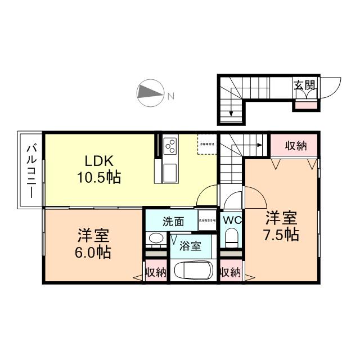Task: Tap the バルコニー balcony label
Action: [31, 170]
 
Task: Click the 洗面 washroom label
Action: [173, 221]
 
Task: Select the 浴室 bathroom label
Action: [190, 246]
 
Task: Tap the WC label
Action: [231, 220]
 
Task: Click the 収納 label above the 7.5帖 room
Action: [295, 146]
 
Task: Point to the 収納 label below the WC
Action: [230, 273]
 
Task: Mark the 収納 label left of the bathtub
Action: [156, 273]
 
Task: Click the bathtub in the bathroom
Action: [192, 271]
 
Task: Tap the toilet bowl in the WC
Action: [231, 240]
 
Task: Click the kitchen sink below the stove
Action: [170, 172]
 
